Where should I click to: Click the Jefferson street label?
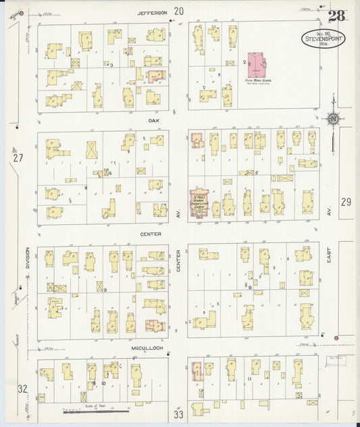coord(152,12)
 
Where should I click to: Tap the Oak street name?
coord(153,121)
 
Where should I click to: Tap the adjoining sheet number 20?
coord(178,11)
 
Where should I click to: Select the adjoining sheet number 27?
coord(18,158)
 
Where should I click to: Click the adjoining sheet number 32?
coord(22,388)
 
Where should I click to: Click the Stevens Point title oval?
coord(320,39)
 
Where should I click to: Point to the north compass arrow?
coord(333,120)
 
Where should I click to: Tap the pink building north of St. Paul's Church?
coord(197,140)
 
